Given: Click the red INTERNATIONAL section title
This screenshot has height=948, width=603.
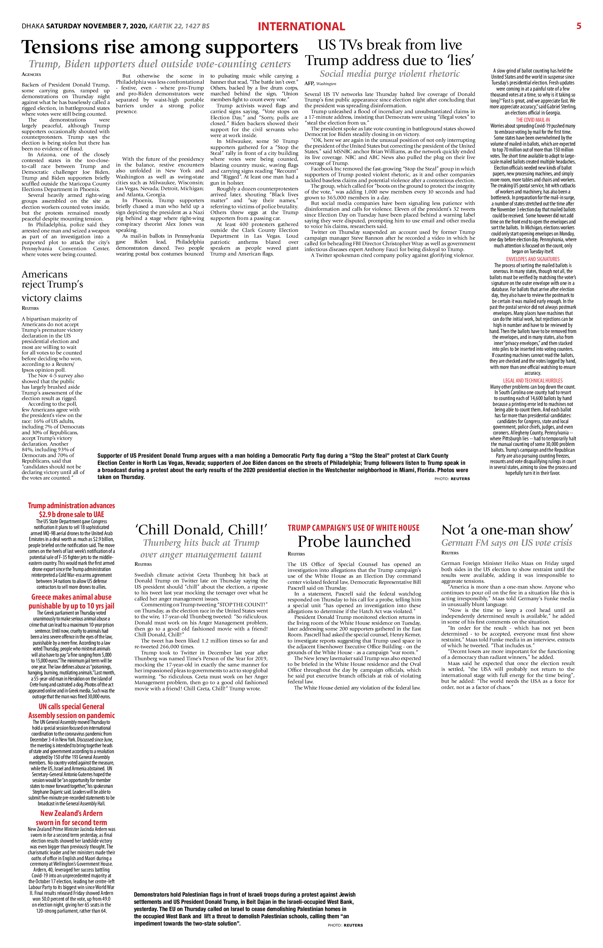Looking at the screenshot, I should pyautogui.click(x=301, y=26).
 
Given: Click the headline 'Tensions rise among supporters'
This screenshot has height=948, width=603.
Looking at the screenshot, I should pyautogui.click(x=160, y=47).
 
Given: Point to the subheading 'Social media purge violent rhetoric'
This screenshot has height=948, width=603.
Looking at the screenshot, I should pyautogui.click(x=389, y=74).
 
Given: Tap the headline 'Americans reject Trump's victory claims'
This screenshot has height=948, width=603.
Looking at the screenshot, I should pyautogui.click(x=52, y=286).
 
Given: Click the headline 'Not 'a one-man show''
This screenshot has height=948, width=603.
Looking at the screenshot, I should pyautogui.click(x=507, y=530).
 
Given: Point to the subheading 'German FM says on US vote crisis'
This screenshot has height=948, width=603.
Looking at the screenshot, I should pyautogui.click(x=507, y=542).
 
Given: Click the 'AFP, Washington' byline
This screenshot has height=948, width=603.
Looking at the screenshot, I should pyautogui.click(x=320, y=84).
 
